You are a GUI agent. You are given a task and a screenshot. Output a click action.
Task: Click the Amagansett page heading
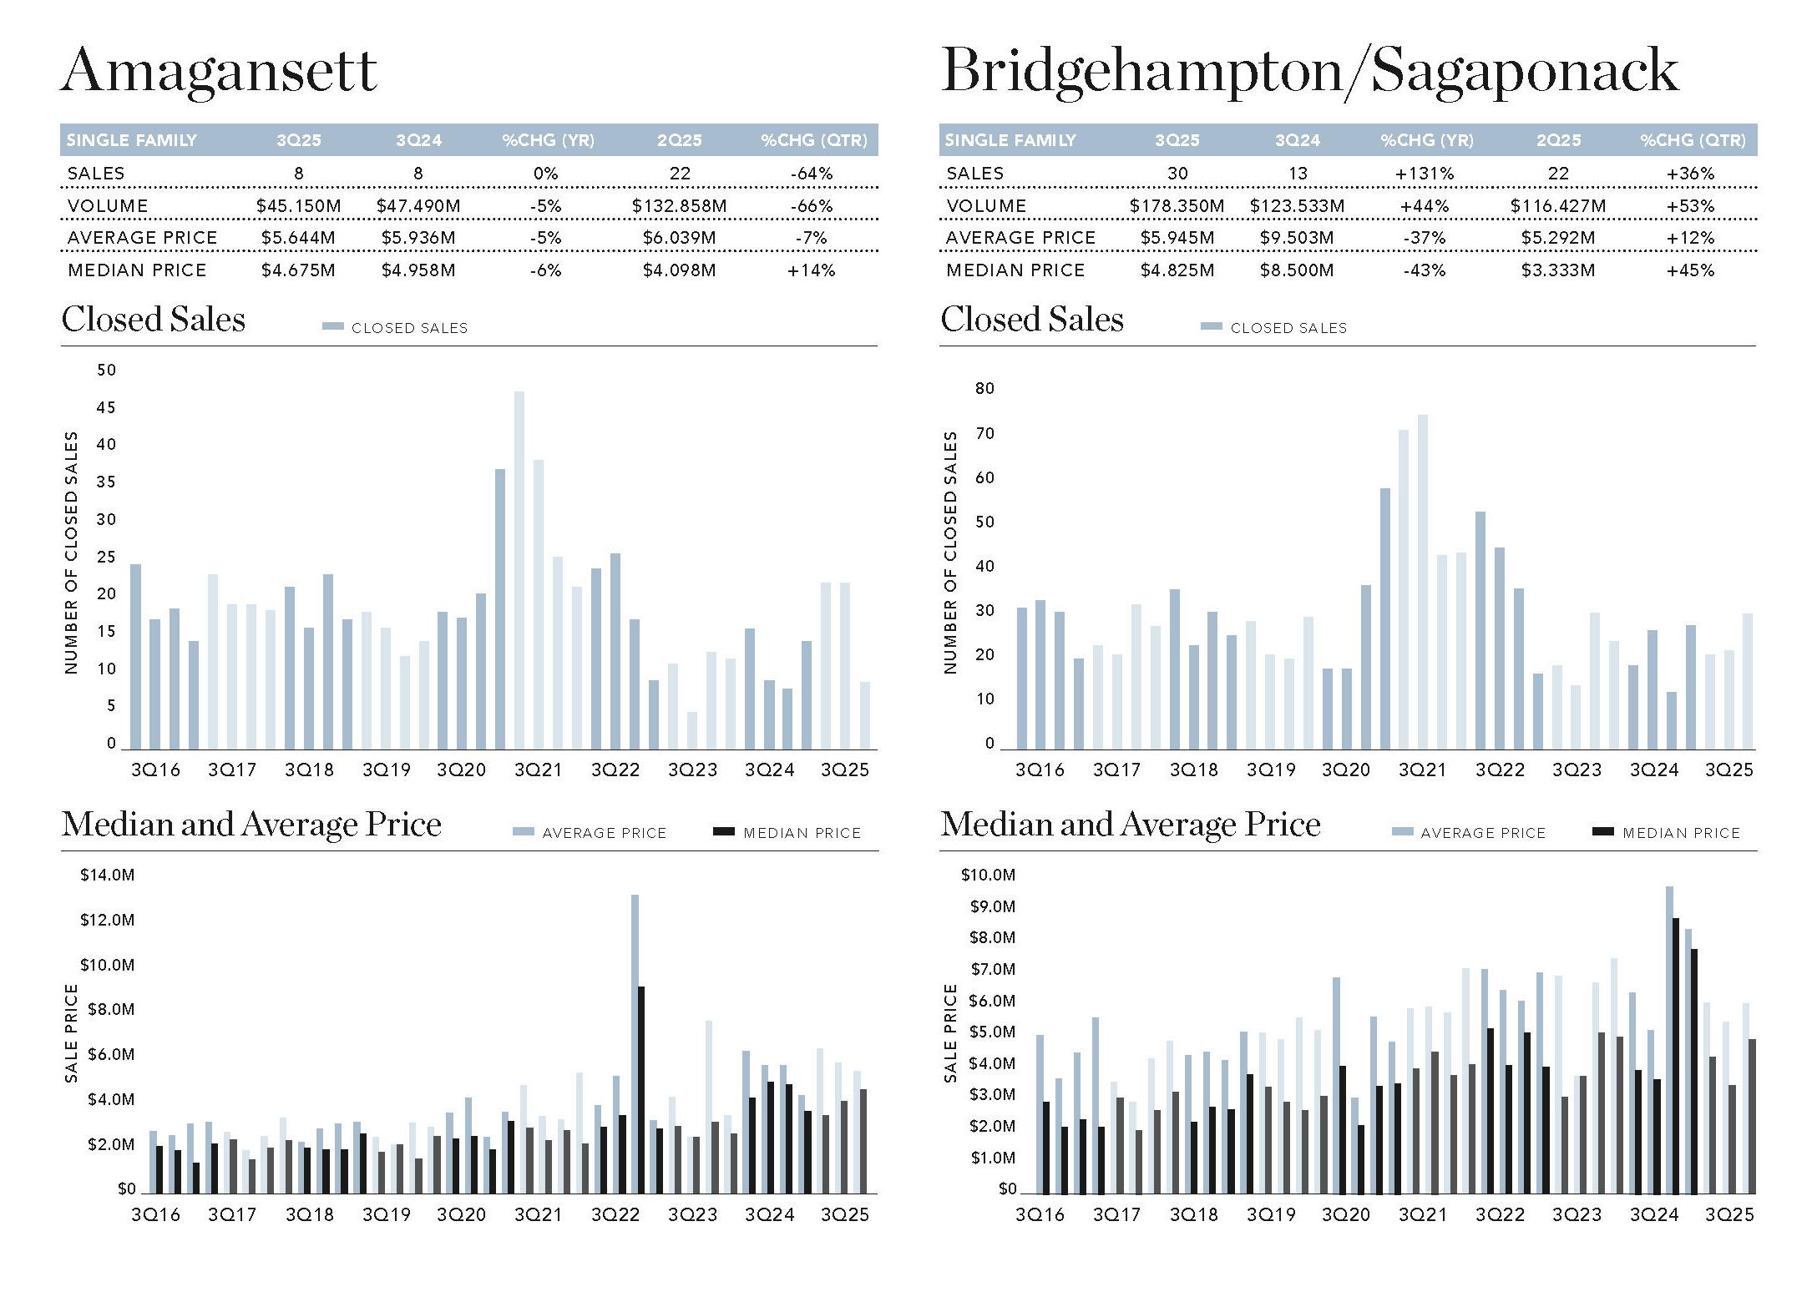[219, 71]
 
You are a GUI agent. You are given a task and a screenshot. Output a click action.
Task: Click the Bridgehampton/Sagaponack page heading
[1308, 71]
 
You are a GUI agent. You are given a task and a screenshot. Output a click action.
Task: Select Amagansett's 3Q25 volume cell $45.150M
[298, 205]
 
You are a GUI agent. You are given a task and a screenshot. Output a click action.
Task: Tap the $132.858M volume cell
[679, 205]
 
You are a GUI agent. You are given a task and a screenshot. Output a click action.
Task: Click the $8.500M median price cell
[1296, 270]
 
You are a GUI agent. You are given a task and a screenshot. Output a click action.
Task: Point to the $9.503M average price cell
[1296, 238]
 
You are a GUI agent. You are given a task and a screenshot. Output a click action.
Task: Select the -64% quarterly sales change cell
[812, 174]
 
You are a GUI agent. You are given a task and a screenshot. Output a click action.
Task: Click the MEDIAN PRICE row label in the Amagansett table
[137, 270]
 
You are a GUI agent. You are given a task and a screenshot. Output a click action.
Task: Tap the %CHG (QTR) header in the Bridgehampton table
[1693, 140]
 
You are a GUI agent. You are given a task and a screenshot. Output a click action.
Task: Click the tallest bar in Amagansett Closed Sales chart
[519, 570]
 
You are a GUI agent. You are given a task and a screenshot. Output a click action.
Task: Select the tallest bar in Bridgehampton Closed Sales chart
[1423, 582]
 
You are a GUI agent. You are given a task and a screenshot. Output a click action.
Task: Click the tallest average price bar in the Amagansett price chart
[635, 1043]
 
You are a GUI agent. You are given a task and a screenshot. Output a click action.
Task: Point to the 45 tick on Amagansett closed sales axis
[106, 407]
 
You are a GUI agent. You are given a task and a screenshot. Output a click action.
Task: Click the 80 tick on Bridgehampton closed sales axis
[984, 388]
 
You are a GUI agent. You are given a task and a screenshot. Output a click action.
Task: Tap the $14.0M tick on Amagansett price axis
[107, 875]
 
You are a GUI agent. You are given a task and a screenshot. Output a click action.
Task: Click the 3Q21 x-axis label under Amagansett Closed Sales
[538, 770]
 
